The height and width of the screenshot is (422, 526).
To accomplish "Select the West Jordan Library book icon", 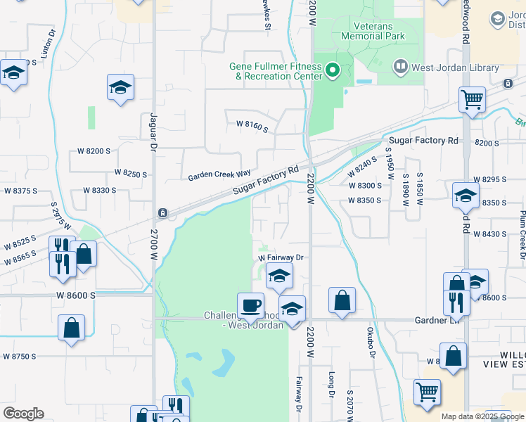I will [x=400, y=67].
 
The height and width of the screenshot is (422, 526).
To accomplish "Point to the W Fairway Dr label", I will [x=281, y=258].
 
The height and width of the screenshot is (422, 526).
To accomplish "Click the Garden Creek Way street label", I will [x=219, y=174].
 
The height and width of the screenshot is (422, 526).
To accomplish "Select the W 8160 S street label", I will [x=252, y=126].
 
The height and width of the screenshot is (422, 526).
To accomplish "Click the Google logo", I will [x=23, y=414].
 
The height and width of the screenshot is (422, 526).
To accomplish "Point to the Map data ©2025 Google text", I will [x=482, y=416].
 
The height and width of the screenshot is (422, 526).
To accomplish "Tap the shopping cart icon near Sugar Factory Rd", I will [x=472, y=99].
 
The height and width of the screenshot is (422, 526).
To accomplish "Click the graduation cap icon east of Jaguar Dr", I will [x=121, y=88].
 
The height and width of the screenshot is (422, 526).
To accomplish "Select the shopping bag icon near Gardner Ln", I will [x=342, y=300].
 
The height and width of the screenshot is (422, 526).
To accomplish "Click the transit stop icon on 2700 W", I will [x=162, y=212].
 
